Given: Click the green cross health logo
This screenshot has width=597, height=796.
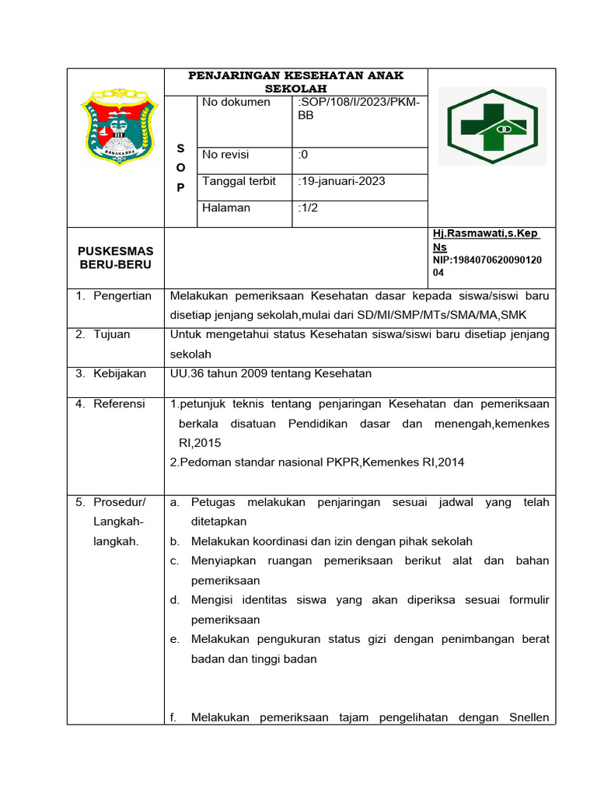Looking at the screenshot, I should click(x=491, y=125).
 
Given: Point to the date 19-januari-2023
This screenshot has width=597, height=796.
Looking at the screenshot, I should click(x=341, y=181).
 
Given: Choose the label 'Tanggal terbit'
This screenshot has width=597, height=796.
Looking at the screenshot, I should click(x=239, y=181).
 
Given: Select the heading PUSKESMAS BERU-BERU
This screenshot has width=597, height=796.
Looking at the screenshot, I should click(x=116, y=257).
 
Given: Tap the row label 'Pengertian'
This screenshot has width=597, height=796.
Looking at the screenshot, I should click(x=122, y=296).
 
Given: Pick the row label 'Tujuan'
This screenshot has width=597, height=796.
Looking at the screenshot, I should click(x=112, y=334).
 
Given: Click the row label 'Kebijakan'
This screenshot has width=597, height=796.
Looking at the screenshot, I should click(x=120, y=373).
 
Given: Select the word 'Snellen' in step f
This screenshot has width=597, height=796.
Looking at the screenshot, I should click(x=526, y=717).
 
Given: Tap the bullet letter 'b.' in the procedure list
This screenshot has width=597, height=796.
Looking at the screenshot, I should click(x=174, y=541).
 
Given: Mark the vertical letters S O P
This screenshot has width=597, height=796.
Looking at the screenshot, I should click(x=180, y=167).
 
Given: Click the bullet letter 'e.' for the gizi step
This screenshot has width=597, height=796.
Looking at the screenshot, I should click(x=174, y=639).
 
